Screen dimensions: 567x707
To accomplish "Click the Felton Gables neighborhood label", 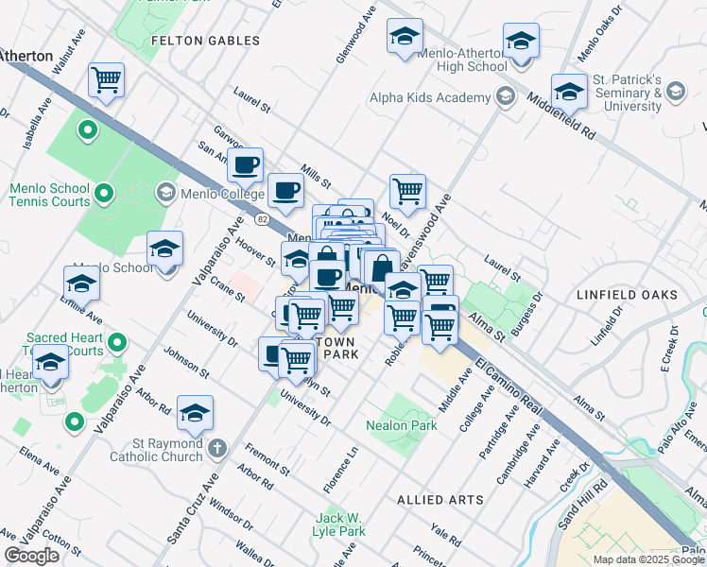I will coord(205,41).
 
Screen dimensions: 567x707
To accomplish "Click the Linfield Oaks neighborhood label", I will coord(627,295).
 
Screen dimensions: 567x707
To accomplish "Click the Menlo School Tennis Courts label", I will coord(50,195).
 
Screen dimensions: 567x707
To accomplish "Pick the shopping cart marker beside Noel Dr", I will coord(407,190).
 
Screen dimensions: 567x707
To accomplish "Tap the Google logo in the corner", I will coord(31,556).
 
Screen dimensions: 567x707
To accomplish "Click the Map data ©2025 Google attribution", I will coord(648,559).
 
